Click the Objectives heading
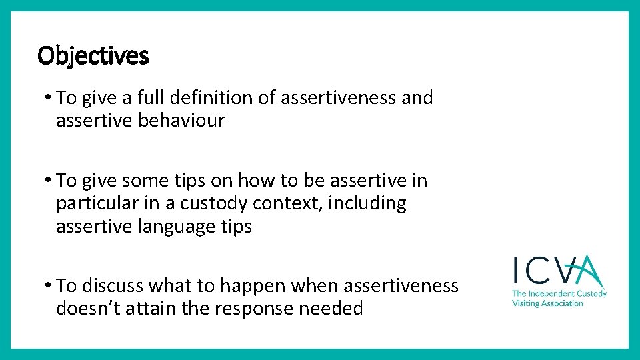coord(93,56)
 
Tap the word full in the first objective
coord(151,98)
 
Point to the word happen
coord(251,286)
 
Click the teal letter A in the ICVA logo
coord(590,271)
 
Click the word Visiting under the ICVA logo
coord(527,303)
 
